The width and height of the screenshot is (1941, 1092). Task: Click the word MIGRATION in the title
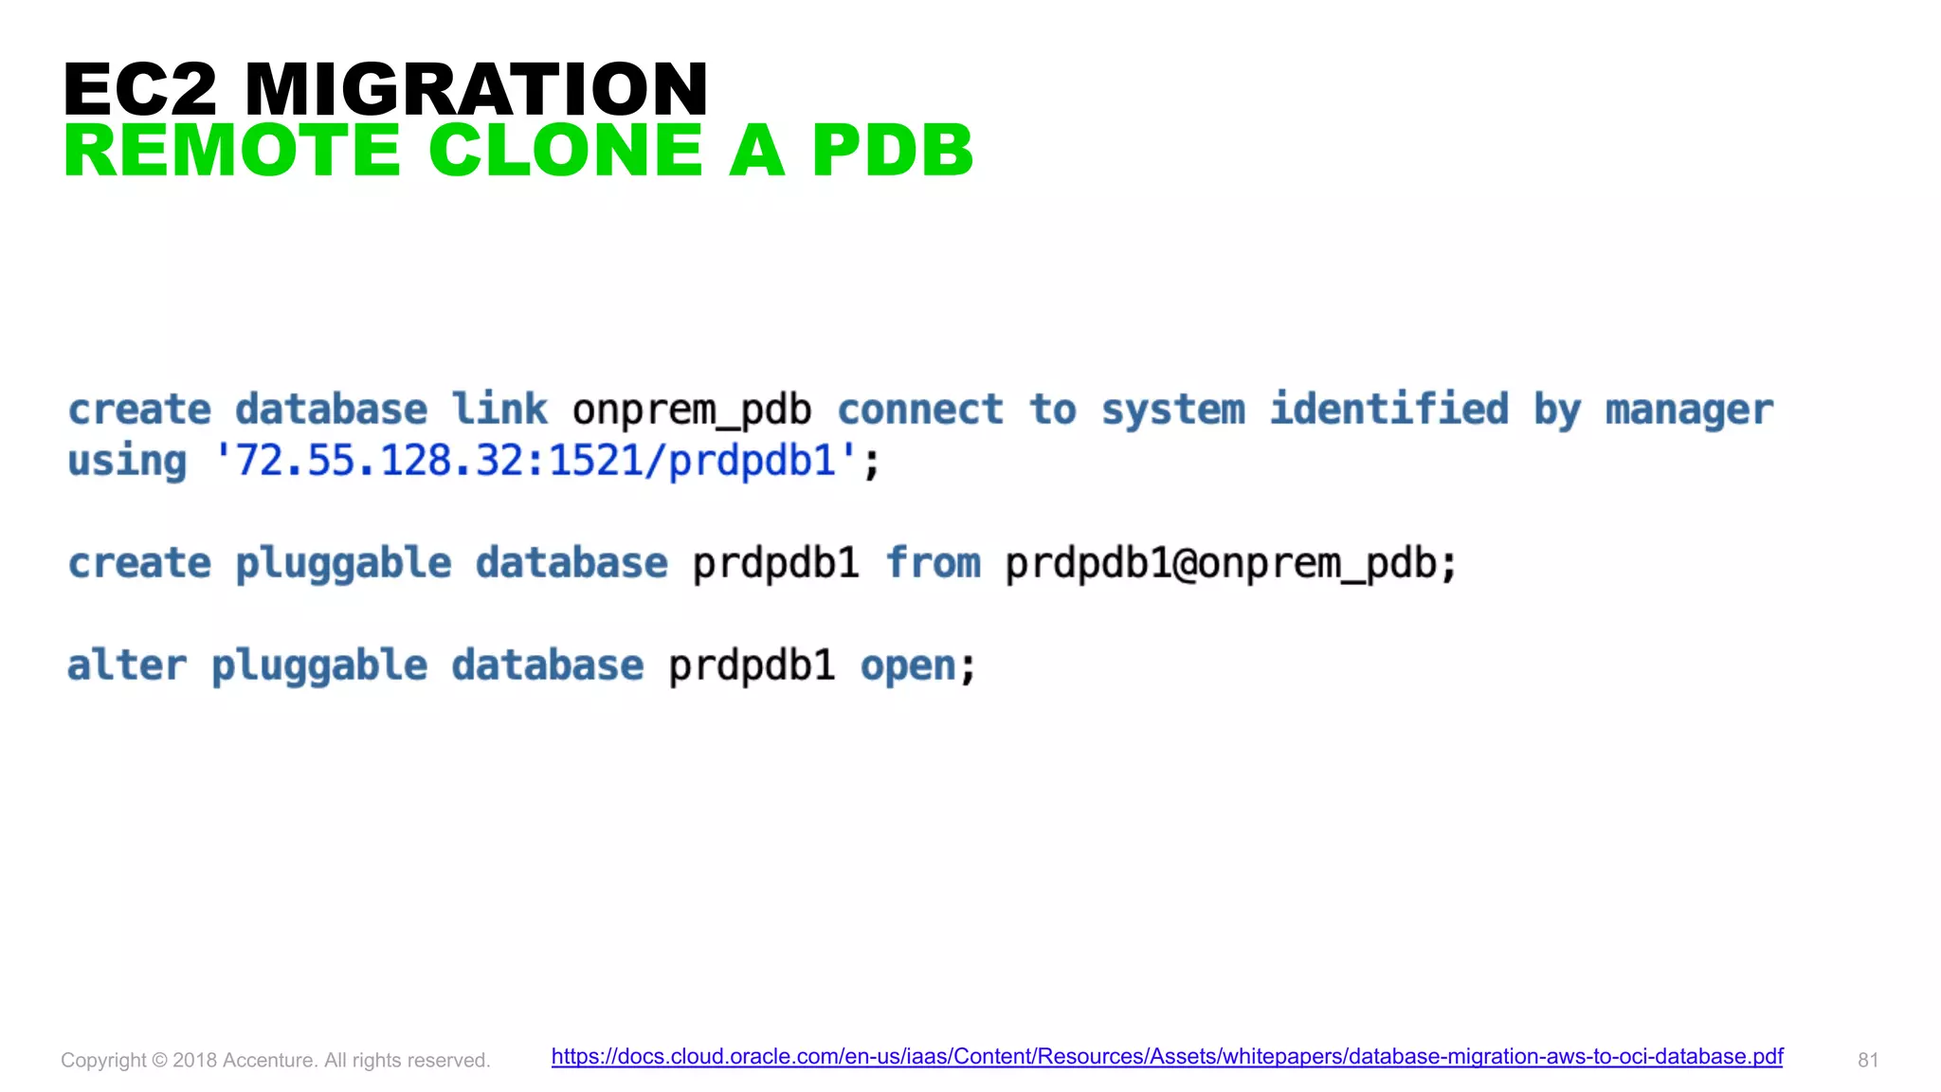[476, 89]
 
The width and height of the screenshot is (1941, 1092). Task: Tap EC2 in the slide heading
[140, 89]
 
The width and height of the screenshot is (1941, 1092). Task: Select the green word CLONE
[566, 151]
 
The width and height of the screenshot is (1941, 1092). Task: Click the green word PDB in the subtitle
[892, 151]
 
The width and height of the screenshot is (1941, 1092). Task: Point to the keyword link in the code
[499, 409]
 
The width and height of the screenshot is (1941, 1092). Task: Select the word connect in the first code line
[919, 409]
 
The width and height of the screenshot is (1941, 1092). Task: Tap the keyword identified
[1388, 409]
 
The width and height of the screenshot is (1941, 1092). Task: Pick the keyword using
[127, 462]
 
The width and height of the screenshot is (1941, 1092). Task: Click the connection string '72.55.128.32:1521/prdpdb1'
[535, 462]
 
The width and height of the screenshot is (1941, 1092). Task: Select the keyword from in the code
[933, 563]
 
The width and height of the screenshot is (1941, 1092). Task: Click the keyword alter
[127, 665]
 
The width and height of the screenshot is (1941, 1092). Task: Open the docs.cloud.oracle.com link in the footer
[1167, 1057]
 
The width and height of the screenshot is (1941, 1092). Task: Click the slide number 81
[1867, 1061]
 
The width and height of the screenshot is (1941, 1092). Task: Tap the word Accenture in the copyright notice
[268, 1061]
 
